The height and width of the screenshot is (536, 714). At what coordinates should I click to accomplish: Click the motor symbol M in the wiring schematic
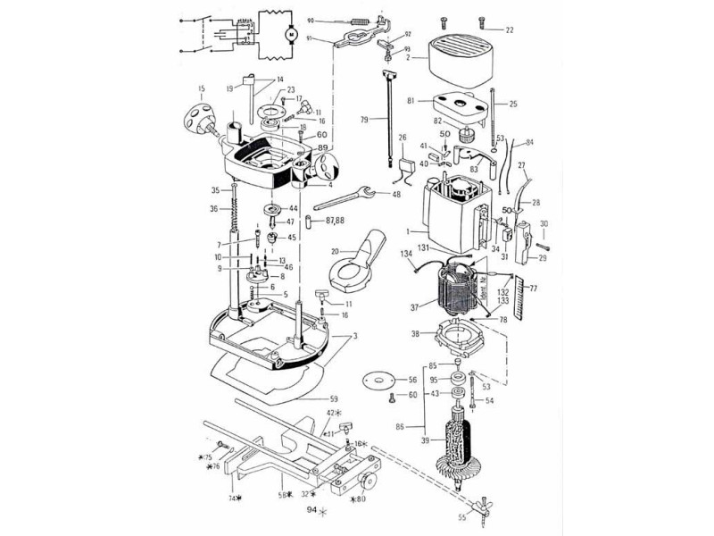tap(289, 34)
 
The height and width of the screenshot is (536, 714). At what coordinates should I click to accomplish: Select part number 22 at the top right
tap(510, 29)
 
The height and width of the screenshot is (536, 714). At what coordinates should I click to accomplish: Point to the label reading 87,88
tap(336, 219)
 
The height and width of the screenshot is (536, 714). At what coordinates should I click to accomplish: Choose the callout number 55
tap(461, 517)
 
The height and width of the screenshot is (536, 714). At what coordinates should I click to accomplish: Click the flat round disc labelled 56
tap(379, 380)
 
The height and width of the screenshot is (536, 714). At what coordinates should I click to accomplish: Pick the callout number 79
tap(365, 120)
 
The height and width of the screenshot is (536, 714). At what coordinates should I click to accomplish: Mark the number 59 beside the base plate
tap(334, 399)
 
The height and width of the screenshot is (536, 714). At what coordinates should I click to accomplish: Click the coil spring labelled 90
tap(358, 21)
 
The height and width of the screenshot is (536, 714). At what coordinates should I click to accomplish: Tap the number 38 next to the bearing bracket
tap(414, 334)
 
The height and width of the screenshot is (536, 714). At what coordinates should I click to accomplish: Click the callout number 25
tap(513, 105)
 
